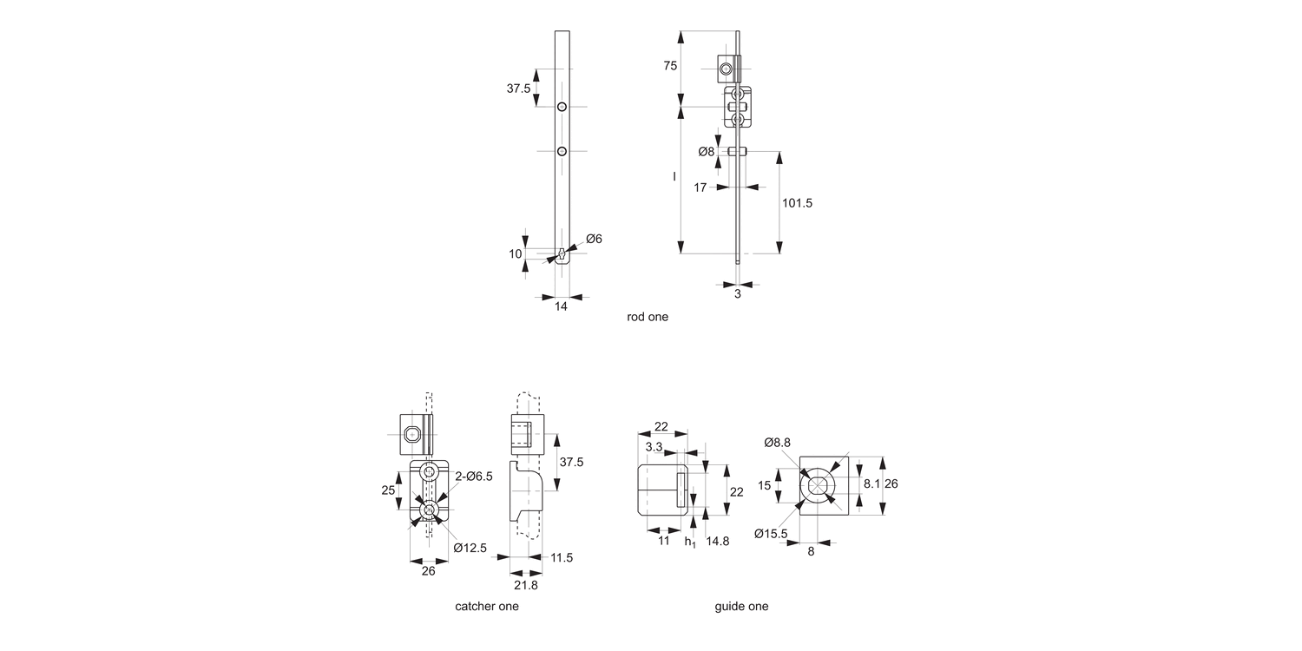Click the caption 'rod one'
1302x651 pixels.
point(648,318)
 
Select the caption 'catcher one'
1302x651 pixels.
point(487,607)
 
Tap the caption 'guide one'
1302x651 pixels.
point(741,607)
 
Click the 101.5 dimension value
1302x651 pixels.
point(797,203)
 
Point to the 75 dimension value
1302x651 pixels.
point(670,66)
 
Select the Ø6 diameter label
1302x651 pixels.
point(594,239)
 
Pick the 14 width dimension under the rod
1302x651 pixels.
point(561,306)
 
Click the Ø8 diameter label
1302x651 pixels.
point(707,152)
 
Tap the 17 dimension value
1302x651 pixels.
point(700,187)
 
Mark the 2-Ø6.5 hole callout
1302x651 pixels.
point(474,476)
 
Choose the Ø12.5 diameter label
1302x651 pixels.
point(470,548)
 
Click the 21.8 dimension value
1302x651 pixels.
point(527,586)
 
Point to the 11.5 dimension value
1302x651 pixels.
point(562,557)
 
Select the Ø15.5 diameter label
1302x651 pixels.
point(771,534)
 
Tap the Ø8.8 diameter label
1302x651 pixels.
point(777,443)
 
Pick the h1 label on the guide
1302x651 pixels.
point(690,542)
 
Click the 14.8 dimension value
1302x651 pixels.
point(718,542)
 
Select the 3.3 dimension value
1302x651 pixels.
point(654,446)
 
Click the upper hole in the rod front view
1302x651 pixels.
point(562,107)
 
